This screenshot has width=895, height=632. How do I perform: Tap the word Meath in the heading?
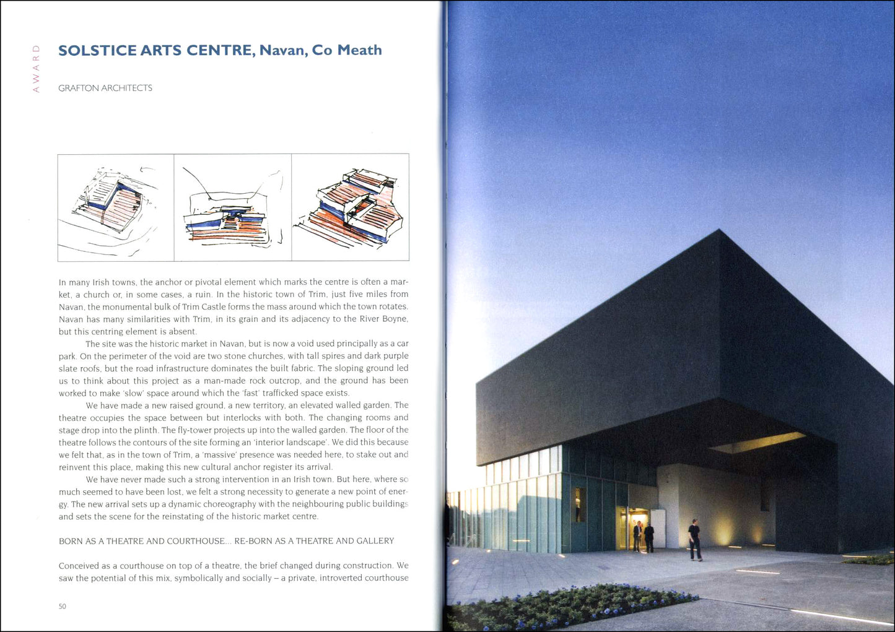coord(359,51)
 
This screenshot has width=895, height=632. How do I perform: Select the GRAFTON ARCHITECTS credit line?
coord(105,88)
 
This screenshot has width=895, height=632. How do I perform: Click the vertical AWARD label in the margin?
coord(36,69)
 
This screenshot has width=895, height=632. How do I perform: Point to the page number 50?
coord(63,606)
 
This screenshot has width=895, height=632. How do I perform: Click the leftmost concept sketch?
coord(116,207)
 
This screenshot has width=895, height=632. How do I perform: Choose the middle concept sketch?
coord(233,207)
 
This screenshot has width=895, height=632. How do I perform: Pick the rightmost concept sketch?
coord(351,207)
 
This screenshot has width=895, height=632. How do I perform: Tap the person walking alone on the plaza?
coord(695,539)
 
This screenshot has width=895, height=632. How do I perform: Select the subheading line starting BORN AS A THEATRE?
coord(226,541)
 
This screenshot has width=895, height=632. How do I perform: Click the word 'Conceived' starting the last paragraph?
coord(79,566)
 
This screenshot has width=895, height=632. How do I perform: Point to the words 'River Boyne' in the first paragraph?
coord(384,319)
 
